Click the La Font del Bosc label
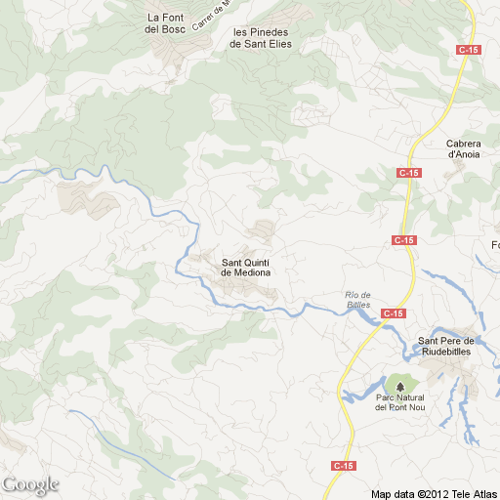(165, 23)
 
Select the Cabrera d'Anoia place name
(464, 148)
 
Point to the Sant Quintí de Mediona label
(246, 267)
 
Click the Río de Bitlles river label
(358, 300)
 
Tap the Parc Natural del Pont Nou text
(399, 403)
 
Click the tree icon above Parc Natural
(399, 387)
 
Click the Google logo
(30, 484)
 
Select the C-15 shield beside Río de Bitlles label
(394, 313)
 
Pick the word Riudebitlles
(445, 352)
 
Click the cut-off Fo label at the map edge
(494, 244)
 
